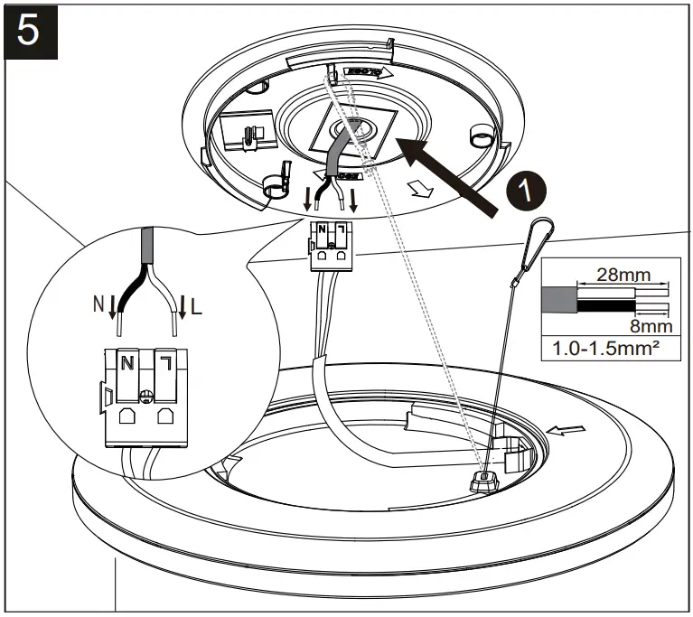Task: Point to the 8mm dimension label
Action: (x=649, y=324)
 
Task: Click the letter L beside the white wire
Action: (x=197, y=309)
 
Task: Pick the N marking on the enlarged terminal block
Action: (x=127, y=362)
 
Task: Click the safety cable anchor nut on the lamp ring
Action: (x=485, y=479)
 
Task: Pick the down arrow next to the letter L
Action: (x=183, y=309)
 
